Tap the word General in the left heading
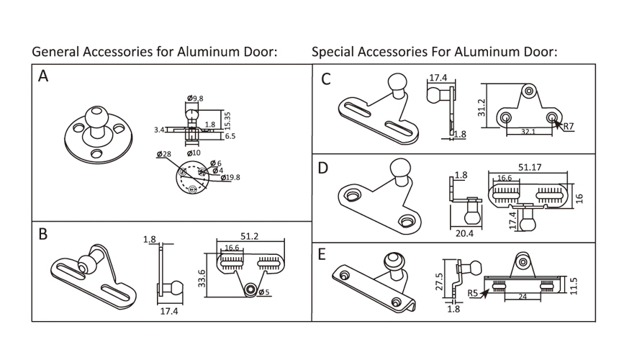click(x=55, y=52)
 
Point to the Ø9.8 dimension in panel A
click(x=195, y=98)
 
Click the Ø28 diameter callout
click(x=163, y=153)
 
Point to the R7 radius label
click(x=568, y=126)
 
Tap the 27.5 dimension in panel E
click(x=440, y=279)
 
